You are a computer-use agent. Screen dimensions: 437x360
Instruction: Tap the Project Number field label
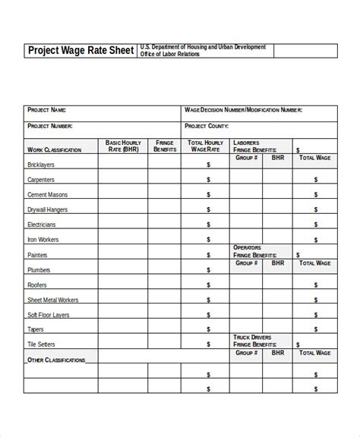click(x=50, y=126)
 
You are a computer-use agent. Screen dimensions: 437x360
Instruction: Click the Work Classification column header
click(x=55, y=150)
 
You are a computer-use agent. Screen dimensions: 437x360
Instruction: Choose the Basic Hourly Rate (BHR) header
click(x=124, y=146)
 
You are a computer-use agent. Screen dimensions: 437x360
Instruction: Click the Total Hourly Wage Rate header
click(x=205, y=146)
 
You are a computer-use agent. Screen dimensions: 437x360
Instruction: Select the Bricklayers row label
click(x=43, y=165)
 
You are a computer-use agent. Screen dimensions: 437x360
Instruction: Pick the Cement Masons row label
click(x=46, y=195)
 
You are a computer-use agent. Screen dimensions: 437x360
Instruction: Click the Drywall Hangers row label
click(x=48, y=209)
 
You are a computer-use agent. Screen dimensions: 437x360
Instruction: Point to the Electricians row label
click(x=42, y=225)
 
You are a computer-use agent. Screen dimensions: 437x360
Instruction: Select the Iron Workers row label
click(x=43, y=240)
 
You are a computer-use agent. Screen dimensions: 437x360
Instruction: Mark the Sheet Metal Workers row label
click(x=52, y=300)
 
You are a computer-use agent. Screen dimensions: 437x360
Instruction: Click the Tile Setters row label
click(x=43, y=344)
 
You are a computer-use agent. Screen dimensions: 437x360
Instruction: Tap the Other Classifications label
click(x=56, y=360)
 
